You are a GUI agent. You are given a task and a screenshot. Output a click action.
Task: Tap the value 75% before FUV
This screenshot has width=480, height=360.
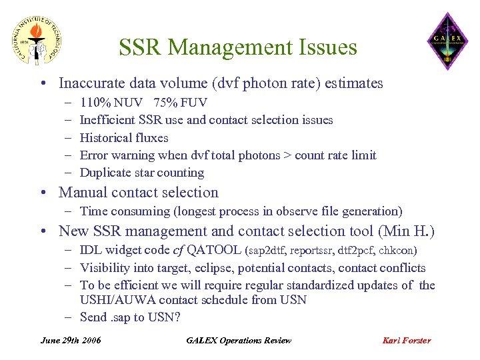pos(165,103)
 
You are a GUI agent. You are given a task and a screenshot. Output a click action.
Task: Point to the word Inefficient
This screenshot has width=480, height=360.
pos(107,120)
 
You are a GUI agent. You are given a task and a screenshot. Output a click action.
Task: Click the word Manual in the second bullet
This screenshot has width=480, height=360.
pos(82,193)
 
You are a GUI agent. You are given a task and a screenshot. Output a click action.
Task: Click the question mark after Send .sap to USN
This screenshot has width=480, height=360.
pos(177,317)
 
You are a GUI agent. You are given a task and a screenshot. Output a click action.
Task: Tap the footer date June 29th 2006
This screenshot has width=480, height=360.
pos(71,340)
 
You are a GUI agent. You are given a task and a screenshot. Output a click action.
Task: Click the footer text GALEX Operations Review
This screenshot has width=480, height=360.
pos(239,340)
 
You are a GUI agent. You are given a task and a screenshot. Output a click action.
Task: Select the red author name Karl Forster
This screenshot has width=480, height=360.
pos(407,340)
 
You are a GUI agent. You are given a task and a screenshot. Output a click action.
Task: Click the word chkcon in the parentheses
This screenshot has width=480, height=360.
pos(399,251)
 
